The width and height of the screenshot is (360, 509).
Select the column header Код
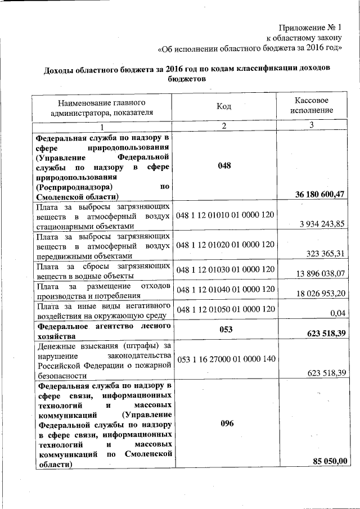click(x=224, y=106)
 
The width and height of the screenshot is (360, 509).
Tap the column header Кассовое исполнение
click(x=312, y=105)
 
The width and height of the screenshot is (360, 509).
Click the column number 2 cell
click(x=224, y=125)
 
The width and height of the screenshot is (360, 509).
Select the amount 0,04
click(x=339, y=313)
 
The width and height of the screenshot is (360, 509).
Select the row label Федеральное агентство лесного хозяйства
click(x=103, y=330)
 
